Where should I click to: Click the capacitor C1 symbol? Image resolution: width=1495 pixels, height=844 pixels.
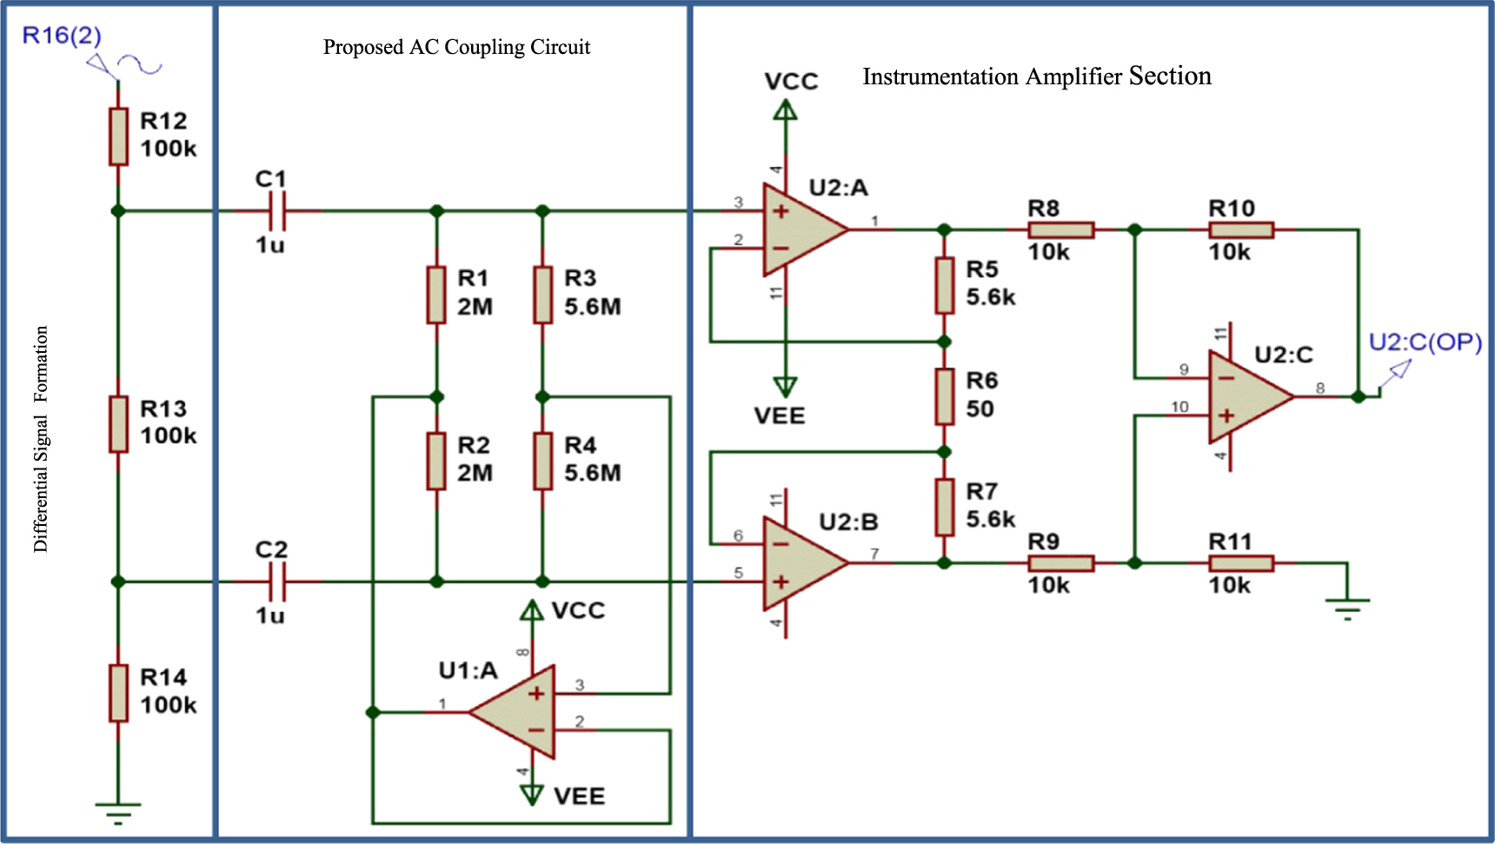(x=277, y=211)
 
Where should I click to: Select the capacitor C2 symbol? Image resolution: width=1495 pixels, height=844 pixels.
(x=277, y=581)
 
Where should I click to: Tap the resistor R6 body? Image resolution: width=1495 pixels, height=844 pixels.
(x=945, y=396)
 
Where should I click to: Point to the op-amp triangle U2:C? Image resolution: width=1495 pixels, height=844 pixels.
(x=1245, y=396)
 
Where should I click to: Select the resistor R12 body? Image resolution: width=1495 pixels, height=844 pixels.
(x=118, y=136)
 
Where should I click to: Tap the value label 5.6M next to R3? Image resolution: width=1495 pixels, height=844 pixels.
(x=592, y=307)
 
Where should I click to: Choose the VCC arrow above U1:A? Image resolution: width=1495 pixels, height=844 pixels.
(x=532, y=611)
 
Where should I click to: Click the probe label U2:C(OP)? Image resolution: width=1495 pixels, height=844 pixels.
(x=1425, y=342)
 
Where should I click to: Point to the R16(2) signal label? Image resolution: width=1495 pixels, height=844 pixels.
(x=61, y=36)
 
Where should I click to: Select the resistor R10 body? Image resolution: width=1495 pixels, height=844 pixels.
(x=1241, y=230)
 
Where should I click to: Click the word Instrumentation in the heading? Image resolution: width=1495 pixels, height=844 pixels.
(x=940, y=76)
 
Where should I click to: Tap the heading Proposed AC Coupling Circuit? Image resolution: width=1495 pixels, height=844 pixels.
(x=456, y=47)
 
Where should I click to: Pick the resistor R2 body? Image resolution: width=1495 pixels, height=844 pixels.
(x=436, y=462)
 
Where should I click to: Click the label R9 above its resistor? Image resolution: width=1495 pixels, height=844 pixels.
(x=1043, y=542)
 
